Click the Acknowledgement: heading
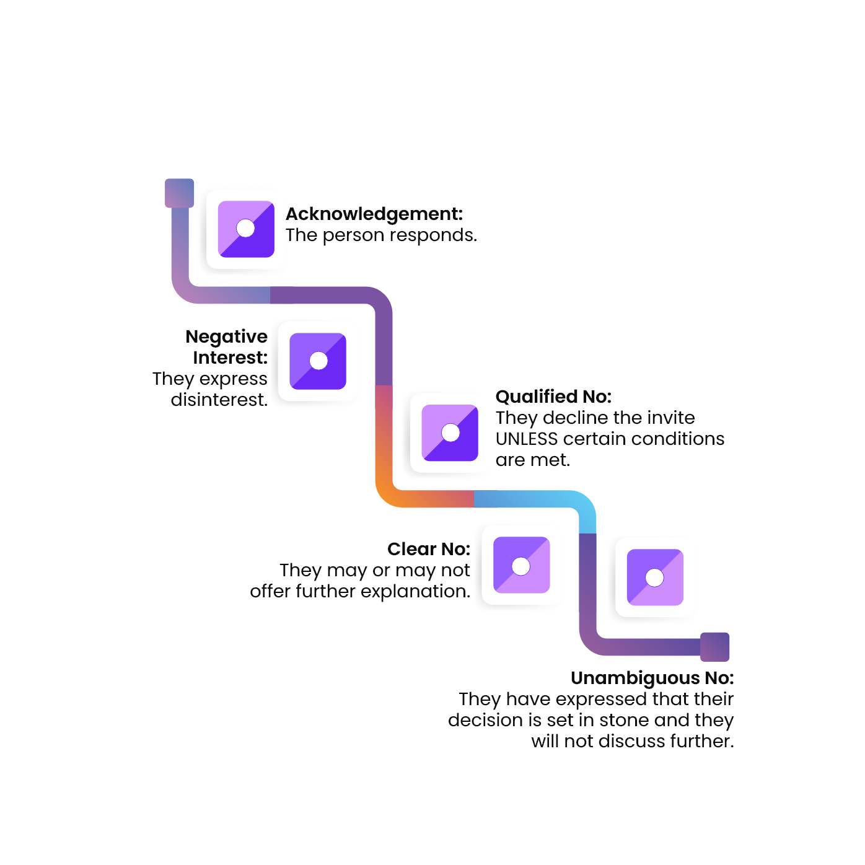pyautogui.click(x=375, y=214)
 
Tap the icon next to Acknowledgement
pyautogui.click(x=246, y=229)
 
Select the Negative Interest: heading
pyautogui.click(x=227, y=347)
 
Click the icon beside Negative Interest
pyautogui.click(x=318, y=361)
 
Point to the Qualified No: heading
pyautogui.click(x=553, y=397)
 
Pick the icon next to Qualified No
pyautogui.click(x=450, y=433)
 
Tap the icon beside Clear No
pyautogui.click(x=521, y=566)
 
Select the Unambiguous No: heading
pyautogui.click(x=652, y=678)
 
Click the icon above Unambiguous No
pyautogui.click(x=655, y=577)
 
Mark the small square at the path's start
pyautogui.click(x=180, y=193)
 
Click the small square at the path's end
pyautogui.click(x=715, y=647)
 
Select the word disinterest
pyautogui.click(x=219, y=400)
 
